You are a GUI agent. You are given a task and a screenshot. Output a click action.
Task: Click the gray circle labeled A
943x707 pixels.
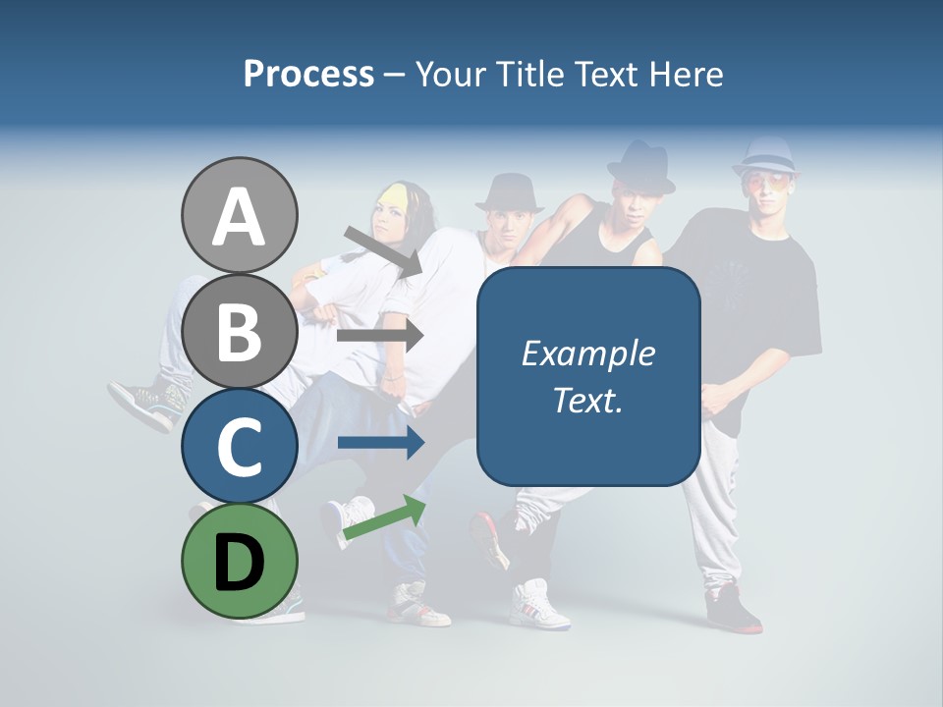(x=239, y=215)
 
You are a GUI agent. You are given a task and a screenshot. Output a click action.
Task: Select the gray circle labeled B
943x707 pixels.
(x=239, y=331)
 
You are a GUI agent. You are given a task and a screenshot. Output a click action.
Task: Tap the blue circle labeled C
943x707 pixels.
(x=239, y=446)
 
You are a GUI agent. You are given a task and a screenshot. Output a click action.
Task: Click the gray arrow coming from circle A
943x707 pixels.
(x=384, y=251)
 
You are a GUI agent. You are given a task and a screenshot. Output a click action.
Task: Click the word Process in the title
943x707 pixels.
(x=308, y=74)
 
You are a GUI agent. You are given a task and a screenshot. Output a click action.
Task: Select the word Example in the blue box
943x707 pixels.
(x=587, y=353)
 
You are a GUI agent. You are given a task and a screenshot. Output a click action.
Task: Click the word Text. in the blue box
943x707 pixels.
(x=587, y=400)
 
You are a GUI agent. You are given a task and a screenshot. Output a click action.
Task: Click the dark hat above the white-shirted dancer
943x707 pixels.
(x=509, y=192)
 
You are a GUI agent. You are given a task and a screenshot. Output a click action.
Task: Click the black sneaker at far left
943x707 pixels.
(x=144, y=403)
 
